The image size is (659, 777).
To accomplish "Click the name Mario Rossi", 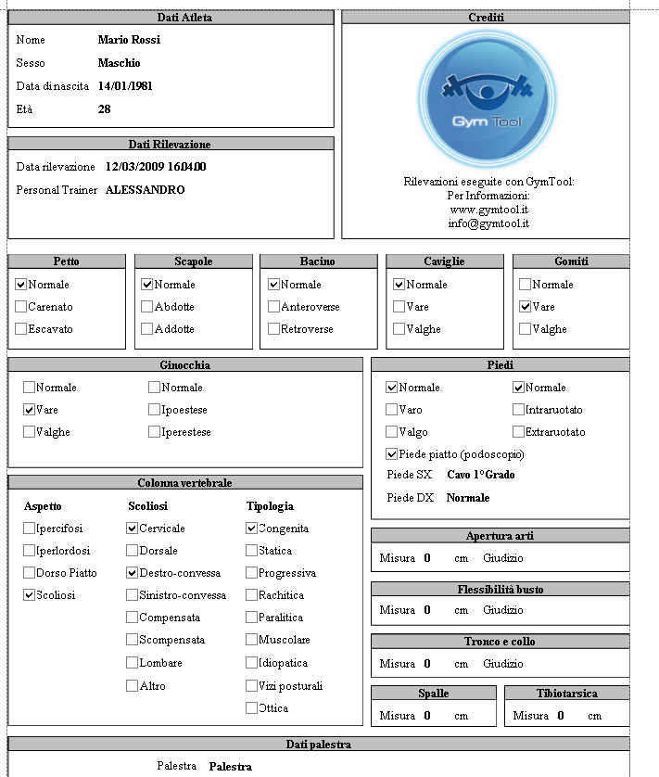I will [129, 40].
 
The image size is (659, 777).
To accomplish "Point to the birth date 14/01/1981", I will [125, 86].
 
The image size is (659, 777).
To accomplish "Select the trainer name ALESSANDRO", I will [145, 190].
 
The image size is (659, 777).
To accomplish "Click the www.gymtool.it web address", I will [488, 210].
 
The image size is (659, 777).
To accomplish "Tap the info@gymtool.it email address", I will [488, 223].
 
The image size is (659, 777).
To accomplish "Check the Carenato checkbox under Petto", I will [21, 307].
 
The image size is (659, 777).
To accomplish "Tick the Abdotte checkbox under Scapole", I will [146, 307].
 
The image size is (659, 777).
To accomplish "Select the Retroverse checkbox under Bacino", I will [273, 329].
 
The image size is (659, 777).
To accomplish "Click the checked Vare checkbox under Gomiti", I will [526, 307].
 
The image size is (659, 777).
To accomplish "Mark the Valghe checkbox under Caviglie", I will [399, 329].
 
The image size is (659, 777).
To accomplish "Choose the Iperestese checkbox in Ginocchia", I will [154, 432].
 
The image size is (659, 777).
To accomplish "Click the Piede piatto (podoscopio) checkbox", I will [392, 454].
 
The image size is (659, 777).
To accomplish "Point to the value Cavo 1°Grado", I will [481, 475].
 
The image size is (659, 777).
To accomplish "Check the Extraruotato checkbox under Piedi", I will [518, 432].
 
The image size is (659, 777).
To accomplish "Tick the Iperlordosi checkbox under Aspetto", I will [30, 551].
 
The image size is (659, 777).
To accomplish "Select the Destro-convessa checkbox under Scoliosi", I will [133, 573].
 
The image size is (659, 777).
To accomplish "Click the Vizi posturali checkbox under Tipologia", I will [252, 686].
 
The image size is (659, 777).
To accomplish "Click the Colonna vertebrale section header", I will [184, 483].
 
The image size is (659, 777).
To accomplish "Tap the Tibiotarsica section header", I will [566, 694].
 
